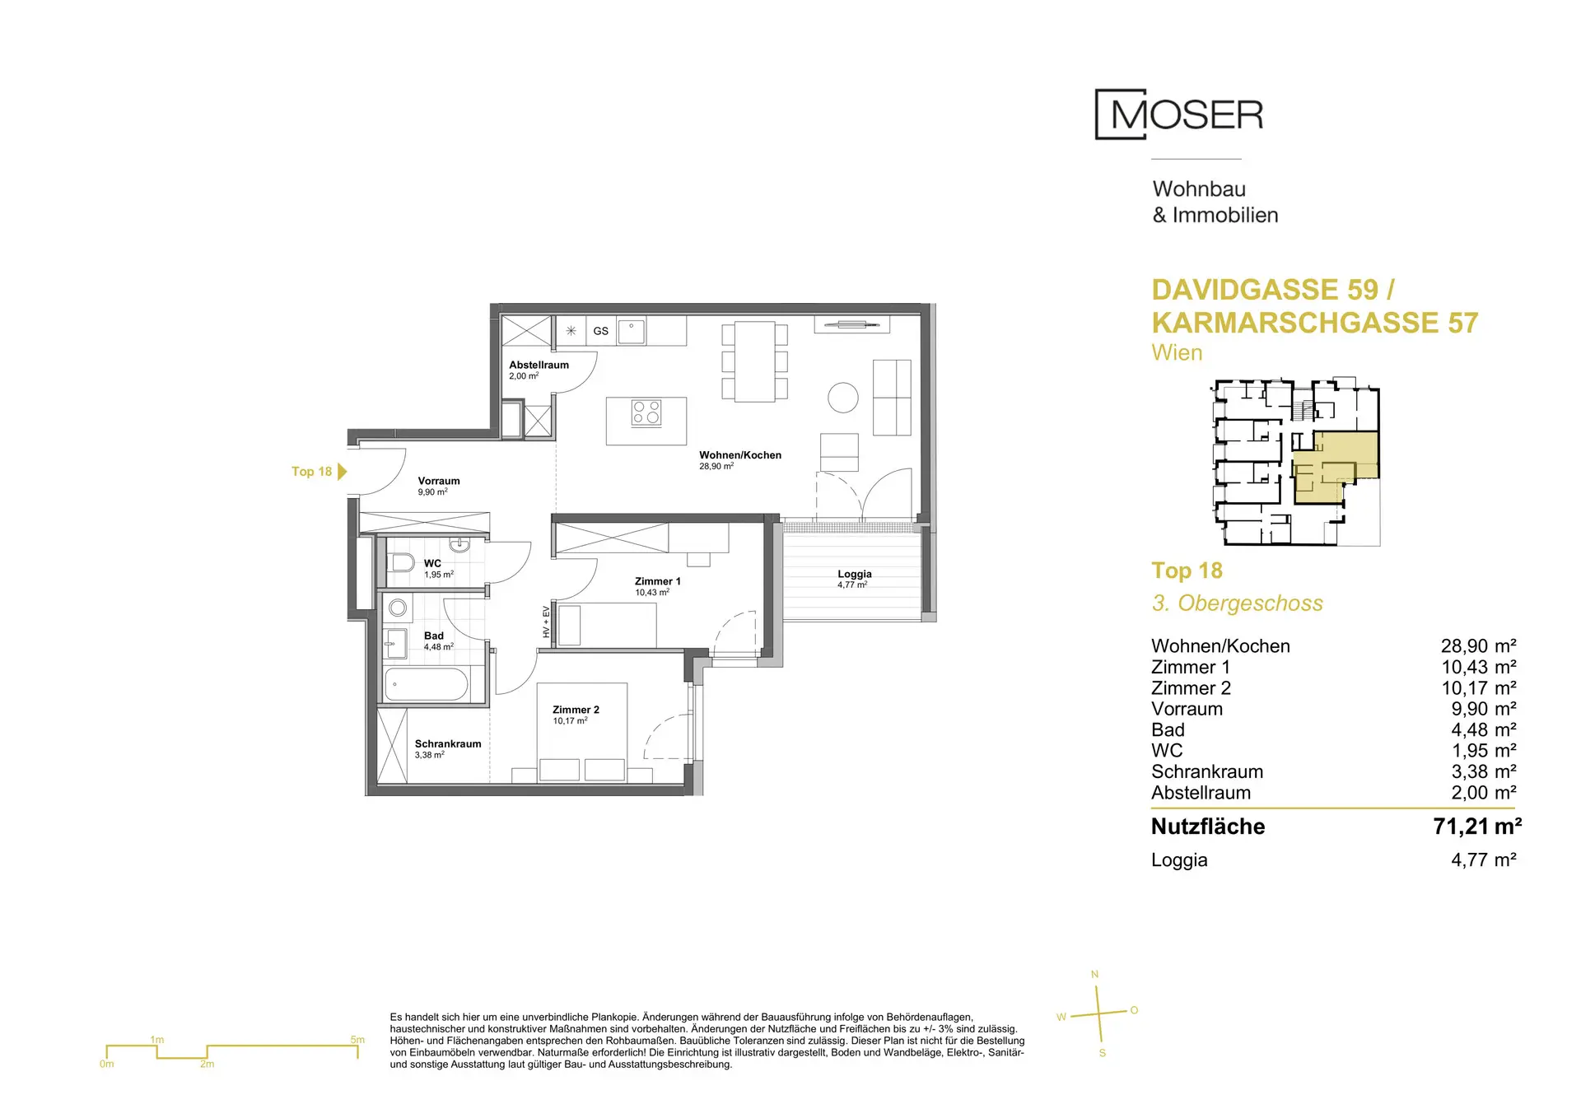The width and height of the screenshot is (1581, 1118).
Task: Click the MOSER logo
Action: pyautogui.click(x=1179, y=114)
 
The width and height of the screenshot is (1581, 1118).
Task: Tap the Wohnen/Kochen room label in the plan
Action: pyautogui.click(x=740, y=455)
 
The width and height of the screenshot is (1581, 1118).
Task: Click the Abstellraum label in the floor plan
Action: pyautogui.click(x=539, y=365)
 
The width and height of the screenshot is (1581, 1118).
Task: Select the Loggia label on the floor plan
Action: pyautogui.click(x=855, y=574)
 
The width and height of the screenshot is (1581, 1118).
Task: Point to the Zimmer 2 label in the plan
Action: pyautogui.click(x=576, y=710)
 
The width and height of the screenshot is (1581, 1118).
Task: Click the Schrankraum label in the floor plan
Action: pyautogui.click(x=448, y=743)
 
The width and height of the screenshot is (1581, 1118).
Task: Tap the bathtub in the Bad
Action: pyautogui.click(x=427, y=684)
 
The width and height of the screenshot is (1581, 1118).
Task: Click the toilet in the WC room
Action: pyautogui.click(x=401, y=563)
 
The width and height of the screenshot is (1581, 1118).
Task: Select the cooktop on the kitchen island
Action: pyautogui.click(x=646, y=412)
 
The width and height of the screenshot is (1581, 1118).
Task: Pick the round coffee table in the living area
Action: pyautogui.click(x=843, y=398)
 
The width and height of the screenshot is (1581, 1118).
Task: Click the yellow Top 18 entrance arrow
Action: pyautogui.click(x=343, y=472)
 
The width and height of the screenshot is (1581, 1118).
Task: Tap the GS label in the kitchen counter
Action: pyautogui.click(x=601, y=331)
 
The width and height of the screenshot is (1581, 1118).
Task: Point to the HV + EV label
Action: pyautogui.click(x=546, y=622)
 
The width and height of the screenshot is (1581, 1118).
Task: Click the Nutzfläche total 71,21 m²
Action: pyautogui.click(x=1477, y=826)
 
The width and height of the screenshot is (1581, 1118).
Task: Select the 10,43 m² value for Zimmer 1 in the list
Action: pyautogui.click(x=1478, y=667)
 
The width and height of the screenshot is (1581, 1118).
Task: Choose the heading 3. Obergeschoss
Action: pyautogui.click(x=1237, y=603)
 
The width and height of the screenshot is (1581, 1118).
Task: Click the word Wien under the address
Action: pyautogui.click(x=1177, y=352)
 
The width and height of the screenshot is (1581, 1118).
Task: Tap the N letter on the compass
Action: pyautogui.click(x=1094, y=975)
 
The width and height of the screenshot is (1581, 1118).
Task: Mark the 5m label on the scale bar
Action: pyautogui.click(x=357, y=1040)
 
